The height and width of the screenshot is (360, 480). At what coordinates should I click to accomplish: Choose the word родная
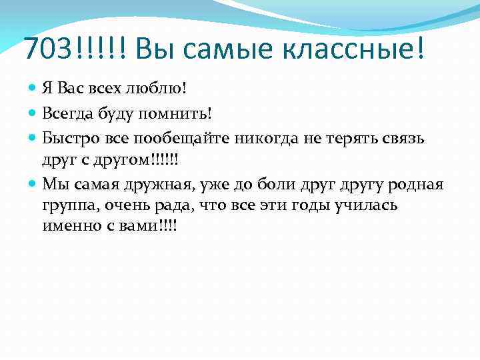click(418, 183)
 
